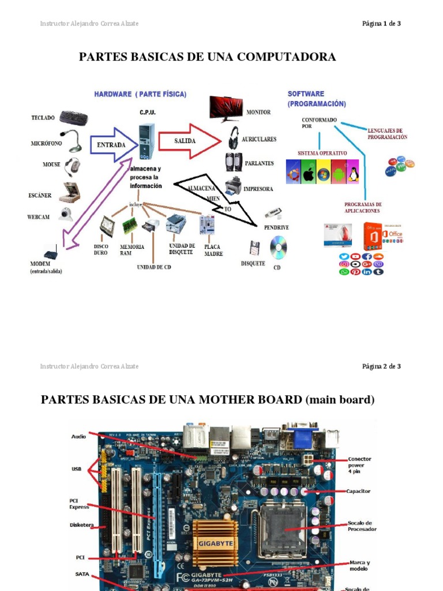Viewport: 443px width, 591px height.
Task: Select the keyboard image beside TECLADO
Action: [74, 118]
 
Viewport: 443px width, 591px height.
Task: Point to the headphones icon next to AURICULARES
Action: [233, 138]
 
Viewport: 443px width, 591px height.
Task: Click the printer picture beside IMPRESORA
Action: [233, 186]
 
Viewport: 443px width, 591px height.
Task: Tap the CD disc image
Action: [279, 248]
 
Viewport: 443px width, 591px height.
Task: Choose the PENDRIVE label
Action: [276, 227]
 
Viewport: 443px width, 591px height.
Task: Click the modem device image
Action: [53, 253]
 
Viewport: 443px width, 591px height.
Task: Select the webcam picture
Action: [66, 215]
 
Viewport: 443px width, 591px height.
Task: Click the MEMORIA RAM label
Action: [132, 249]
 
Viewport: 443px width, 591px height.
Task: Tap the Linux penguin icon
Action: [352, 172]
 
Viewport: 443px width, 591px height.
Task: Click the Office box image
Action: [388, 235]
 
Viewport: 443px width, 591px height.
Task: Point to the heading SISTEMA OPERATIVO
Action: [322, 153]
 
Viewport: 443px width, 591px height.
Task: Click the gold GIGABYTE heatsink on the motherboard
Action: [215, 542]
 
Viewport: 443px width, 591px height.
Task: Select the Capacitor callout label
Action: [358, 491]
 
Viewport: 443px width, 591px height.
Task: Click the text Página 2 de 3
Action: [381, 366]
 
